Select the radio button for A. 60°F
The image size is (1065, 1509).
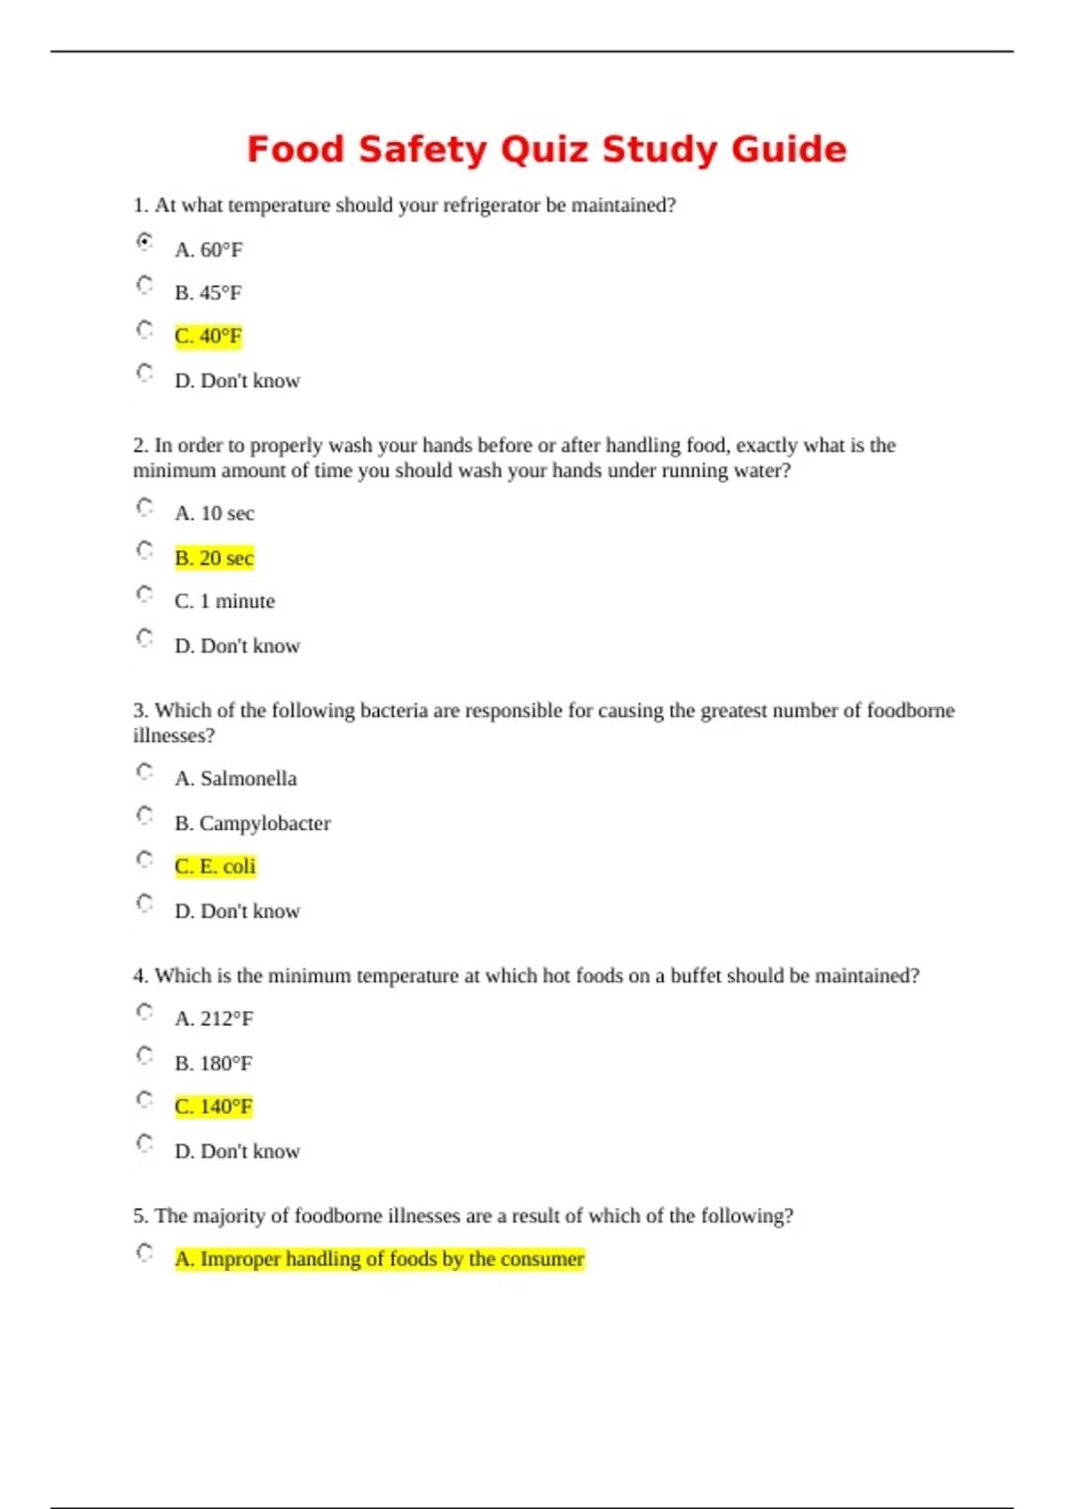[x=145, y=241]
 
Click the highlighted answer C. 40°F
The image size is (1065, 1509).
[x=208, y=336]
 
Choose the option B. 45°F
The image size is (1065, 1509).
[x=208, y=293]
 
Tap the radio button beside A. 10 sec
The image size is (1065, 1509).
[x=145, y=507]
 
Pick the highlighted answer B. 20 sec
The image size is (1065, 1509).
[x=214, y=558]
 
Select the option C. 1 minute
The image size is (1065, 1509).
[x=225, y=602]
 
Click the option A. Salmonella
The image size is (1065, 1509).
[x=235, y=778]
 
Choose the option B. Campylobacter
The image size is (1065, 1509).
[x=252, y=824]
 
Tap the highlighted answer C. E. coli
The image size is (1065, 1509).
[x=215, y=866]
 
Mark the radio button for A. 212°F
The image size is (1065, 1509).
[x=145, y=1012]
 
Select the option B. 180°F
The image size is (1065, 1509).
[x=213, y=1063]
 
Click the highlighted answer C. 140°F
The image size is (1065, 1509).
[x=213, y=1107]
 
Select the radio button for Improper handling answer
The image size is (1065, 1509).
[x=145, y=1252]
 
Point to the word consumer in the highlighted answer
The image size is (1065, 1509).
[x=542, y=1260]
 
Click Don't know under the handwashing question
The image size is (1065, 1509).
[x=237, y=646]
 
